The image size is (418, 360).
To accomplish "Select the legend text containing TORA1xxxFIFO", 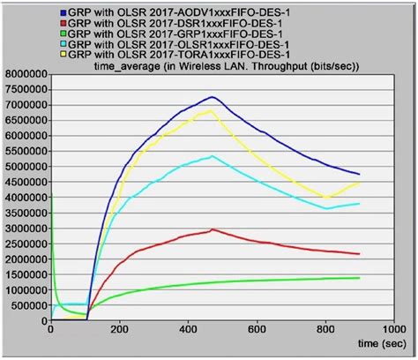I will (x=175, y=53).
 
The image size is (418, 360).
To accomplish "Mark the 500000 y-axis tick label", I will (x=27, y=305).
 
